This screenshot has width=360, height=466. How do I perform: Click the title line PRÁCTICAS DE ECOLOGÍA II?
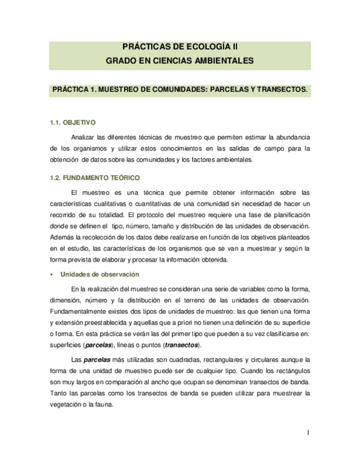pyautogui.click(x=180, y=48)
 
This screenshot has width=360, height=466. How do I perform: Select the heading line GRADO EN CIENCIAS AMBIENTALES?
pyautogui.click(x=180, y=60)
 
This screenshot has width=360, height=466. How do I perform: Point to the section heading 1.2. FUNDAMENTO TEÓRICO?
pyautogui.click(x=95, y=178)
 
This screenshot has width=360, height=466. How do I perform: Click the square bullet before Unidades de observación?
pyautogui.click(x=51, y=274)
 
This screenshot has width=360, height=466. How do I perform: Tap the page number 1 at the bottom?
pyautogui.click(x=308, y=433)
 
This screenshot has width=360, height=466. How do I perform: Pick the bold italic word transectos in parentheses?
pyautogui.click(x=183, y=345)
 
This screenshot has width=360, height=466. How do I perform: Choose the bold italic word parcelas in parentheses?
pyautogui.click(x=98, y=345)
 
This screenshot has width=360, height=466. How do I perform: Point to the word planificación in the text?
pyautogui.click(x=291, y=214)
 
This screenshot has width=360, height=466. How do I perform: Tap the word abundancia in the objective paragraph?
pyautogui.click(x=292, y=136)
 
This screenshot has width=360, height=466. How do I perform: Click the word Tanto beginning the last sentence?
pyautogui.click(x=59, y=393)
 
